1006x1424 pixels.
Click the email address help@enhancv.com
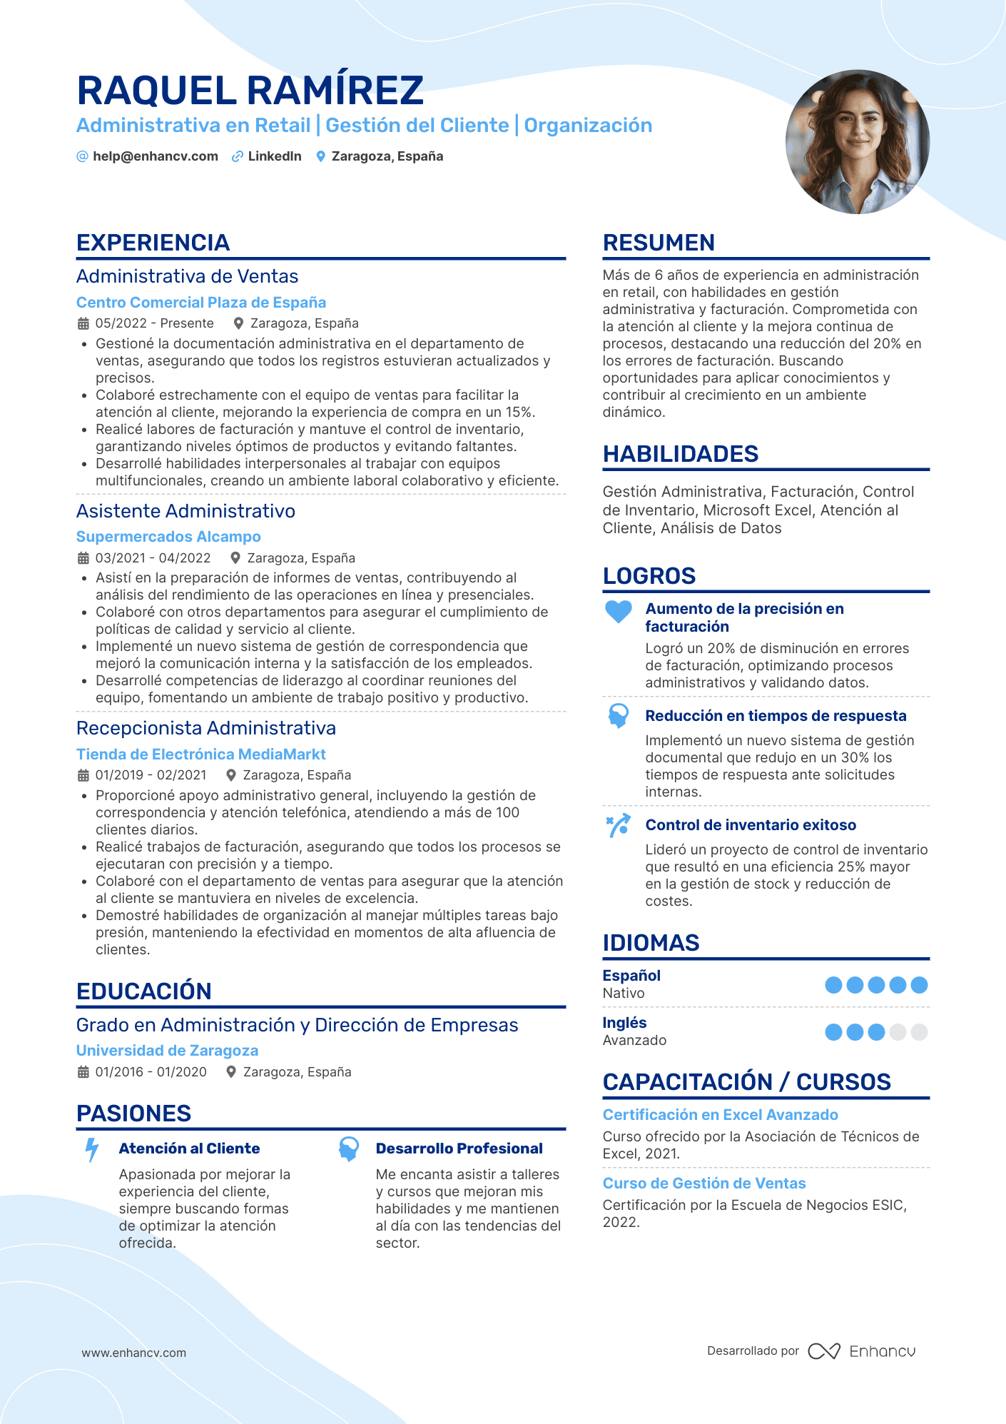pos(155,156)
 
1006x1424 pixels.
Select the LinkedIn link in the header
pos(274,156)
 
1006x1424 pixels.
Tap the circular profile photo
pos(857,141)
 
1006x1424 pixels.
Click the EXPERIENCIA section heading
pos(153,243)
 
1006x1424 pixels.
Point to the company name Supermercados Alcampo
pos(168,537)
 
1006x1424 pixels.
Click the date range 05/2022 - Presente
pos(154,323)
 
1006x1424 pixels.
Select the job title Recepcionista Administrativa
pos(205,728)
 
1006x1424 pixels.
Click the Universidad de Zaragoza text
pos(167,1051)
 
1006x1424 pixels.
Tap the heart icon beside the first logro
pos(618,612)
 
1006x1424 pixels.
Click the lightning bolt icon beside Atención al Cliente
pos(92,1149)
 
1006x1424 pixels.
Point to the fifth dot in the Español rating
pos(919,985)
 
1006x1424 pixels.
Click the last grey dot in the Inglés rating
pos(919,1032)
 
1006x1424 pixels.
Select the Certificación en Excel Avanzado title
pos(720,1115)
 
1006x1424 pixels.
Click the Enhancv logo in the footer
pos(862,1351)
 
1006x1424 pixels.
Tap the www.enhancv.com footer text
pos(133,1353)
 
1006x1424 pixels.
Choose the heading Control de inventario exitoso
pos(751,825)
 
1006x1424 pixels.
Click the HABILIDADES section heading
pos(680,454)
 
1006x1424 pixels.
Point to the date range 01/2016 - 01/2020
pos(151,1072)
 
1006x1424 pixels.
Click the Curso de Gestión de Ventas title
pos(703,1183)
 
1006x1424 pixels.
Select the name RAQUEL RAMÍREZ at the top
pos(250,91)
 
